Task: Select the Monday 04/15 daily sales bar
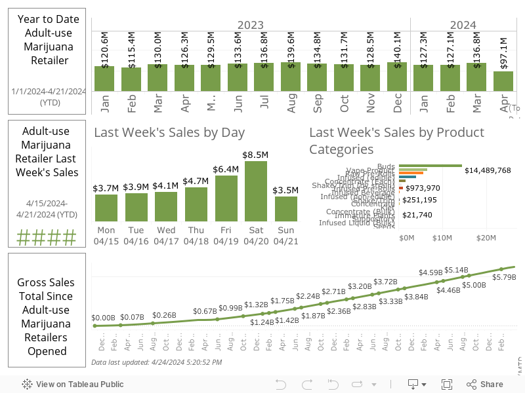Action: pyautogui.click(x=106, y=208)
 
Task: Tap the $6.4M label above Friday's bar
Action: pyautogui.click(x=226, y=169)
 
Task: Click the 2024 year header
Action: pyautogui.click(x=463, y=25)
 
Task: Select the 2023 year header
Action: pyautogui.click(x=250, y=25)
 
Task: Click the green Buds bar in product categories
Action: pyautogui.click(x=430, y=166)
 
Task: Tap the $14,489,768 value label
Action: pyautogui.click(x=487, y=170)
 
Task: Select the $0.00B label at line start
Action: pyautogui.click(x=103, y=318)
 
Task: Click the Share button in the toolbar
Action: pyautogui.click(x=485, y=384)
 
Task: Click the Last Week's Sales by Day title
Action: pyautogui.click(x=169, y=132)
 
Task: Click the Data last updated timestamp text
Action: pyautogui.click(x=156, y=362)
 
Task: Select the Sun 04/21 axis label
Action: pyautogui.click(x=285, y=236)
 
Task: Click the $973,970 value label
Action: pyautogui.click(x=423, y=188)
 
